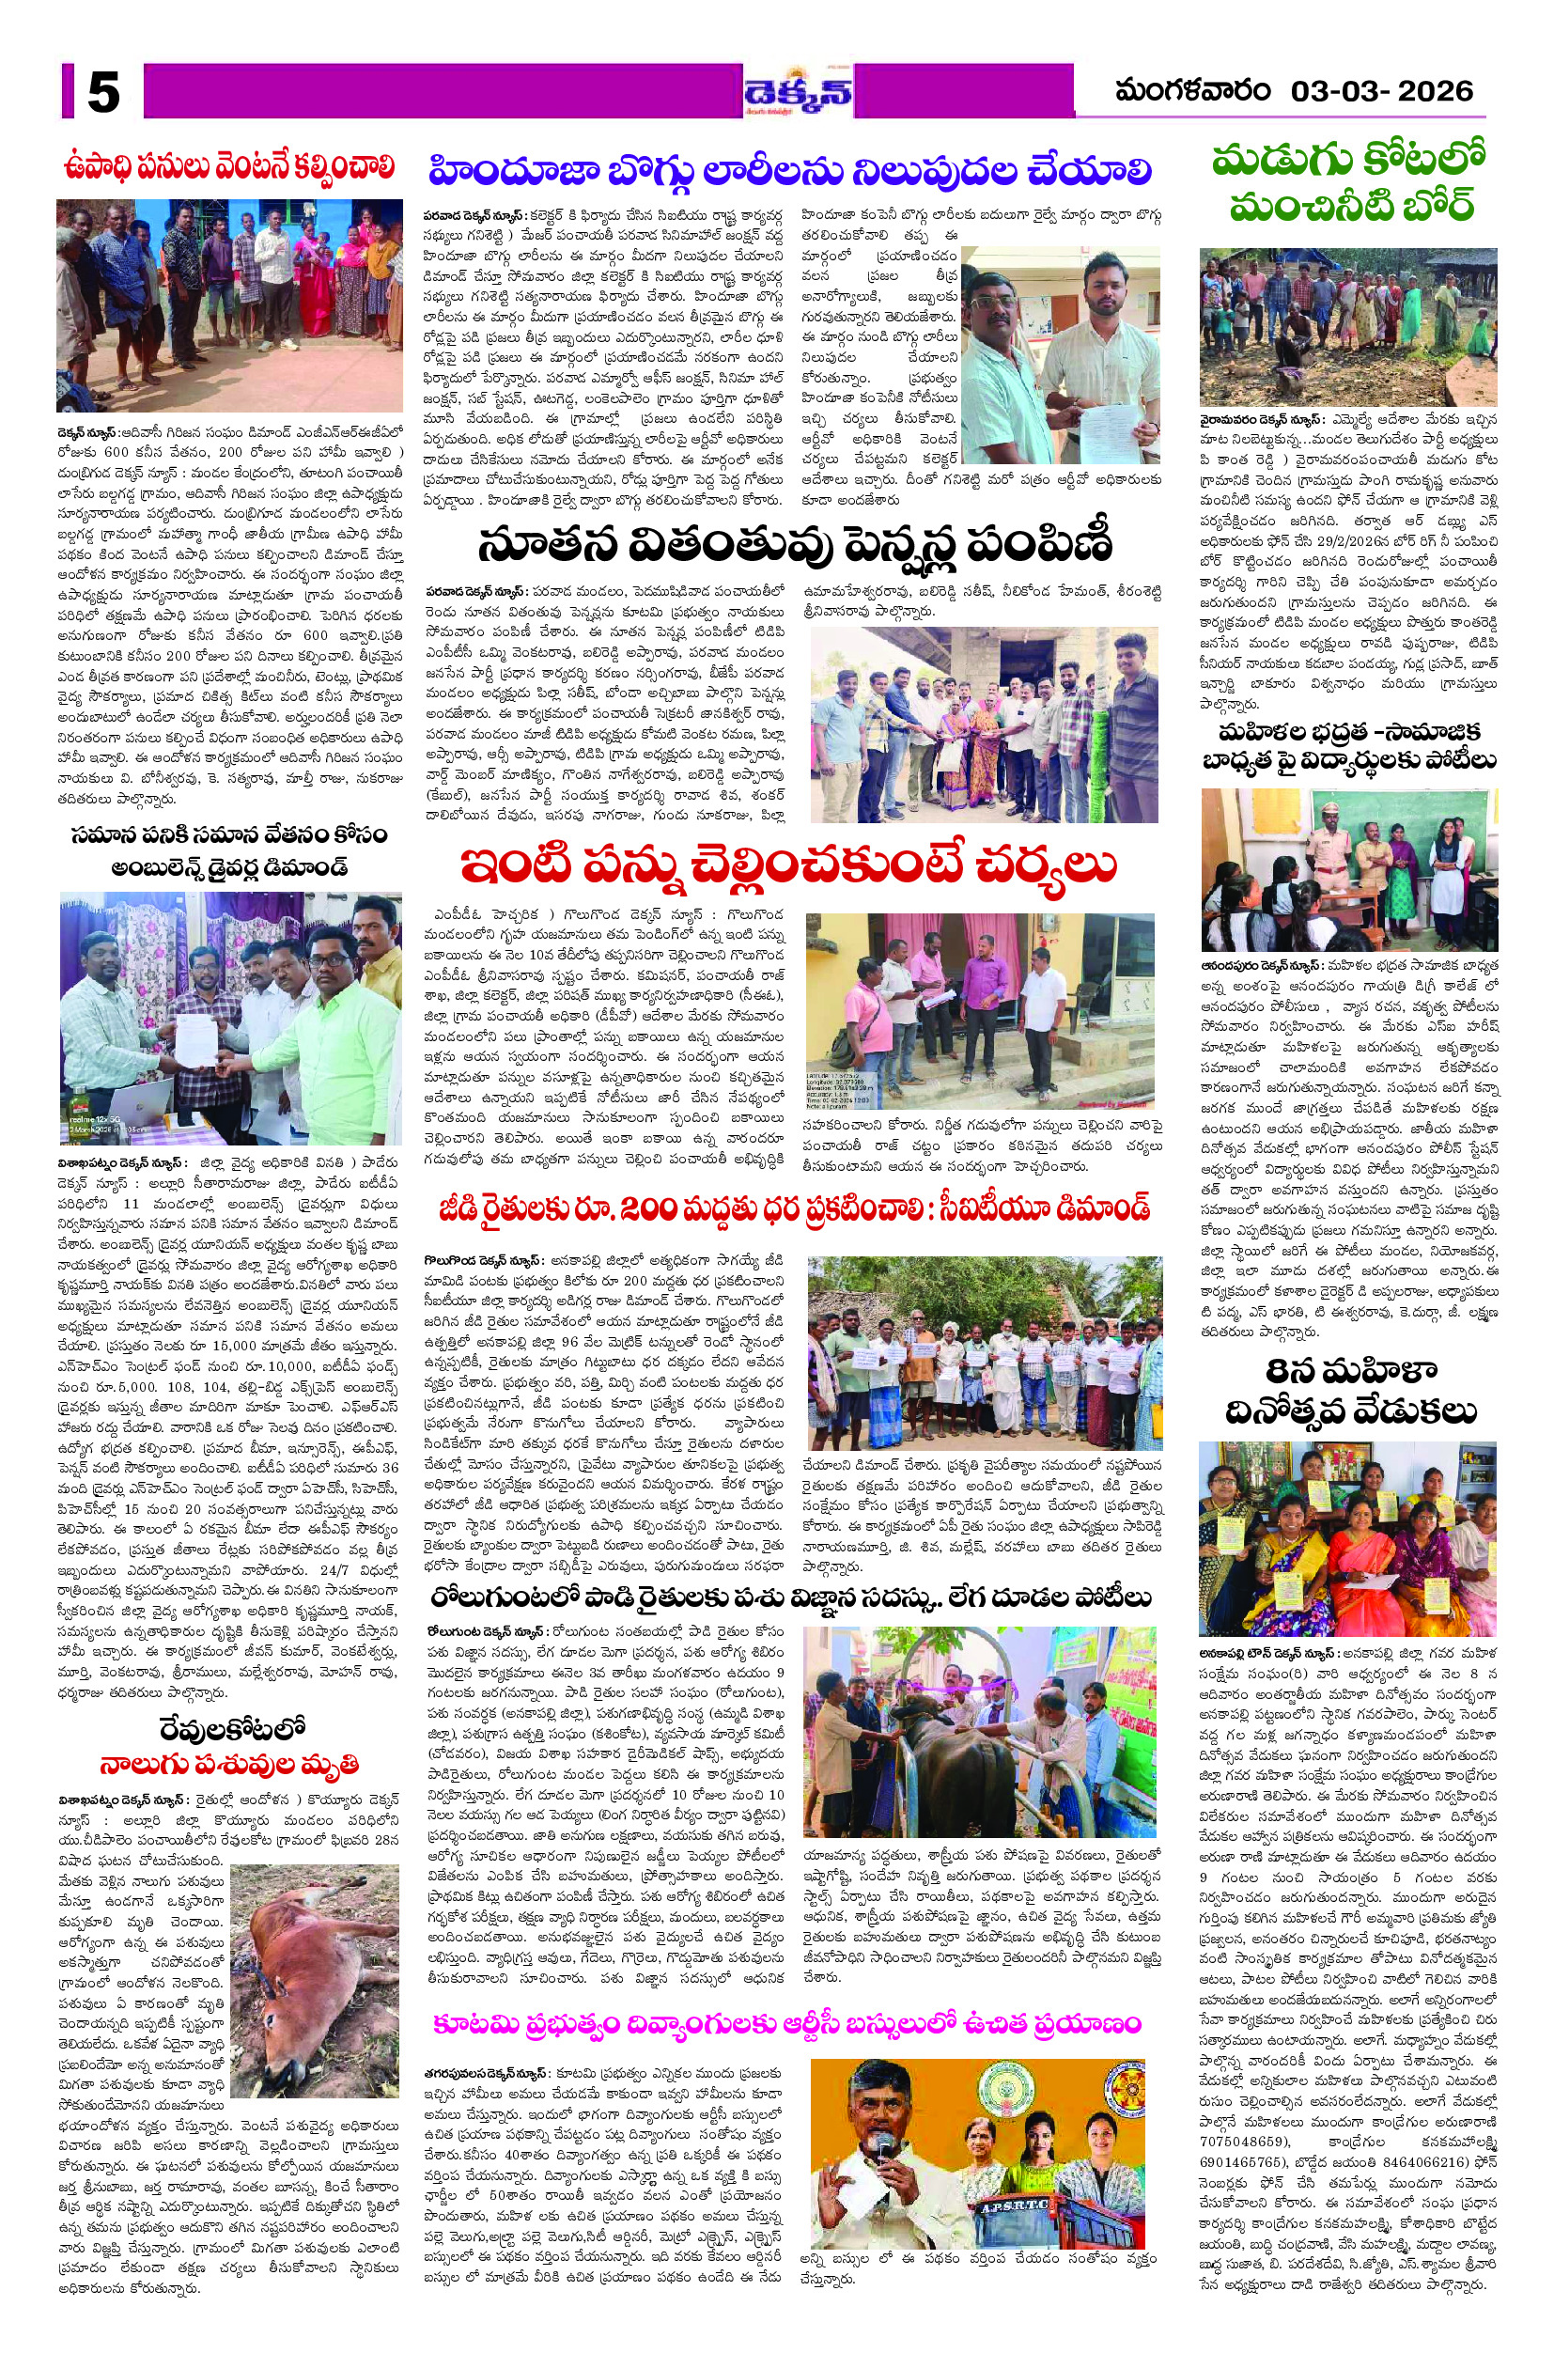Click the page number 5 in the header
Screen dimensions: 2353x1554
click(103, 92)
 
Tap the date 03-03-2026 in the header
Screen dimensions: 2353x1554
click(1381, 91)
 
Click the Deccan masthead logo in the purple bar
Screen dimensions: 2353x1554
click(799, 93)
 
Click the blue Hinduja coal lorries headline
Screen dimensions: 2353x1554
click(790, 170)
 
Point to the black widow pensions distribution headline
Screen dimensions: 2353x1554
click(794, 543)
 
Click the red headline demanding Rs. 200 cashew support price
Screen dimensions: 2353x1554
click(793, 1208)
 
